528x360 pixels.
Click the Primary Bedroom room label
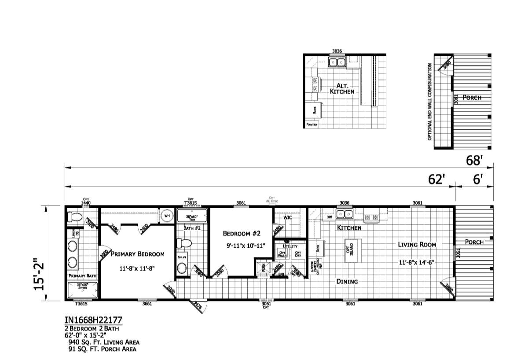tap(138, 254)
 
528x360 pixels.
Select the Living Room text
tap(417, 244)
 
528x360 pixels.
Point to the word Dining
tap(347, 281)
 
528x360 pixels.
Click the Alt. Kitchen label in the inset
tap(342, 88)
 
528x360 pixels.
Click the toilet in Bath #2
tap(183, 243)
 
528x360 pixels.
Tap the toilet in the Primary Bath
tap(74, 217)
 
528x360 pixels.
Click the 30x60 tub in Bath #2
tap(192, 216)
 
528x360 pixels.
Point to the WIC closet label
tap(288, 217)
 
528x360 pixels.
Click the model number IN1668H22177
tap(92, 320)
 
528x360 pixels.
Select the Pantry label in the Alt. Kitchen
tap(312, 125)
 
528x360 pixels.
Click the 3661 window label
tap(147, 304)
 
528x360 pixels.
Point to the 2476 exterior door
tap(196, 307)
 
